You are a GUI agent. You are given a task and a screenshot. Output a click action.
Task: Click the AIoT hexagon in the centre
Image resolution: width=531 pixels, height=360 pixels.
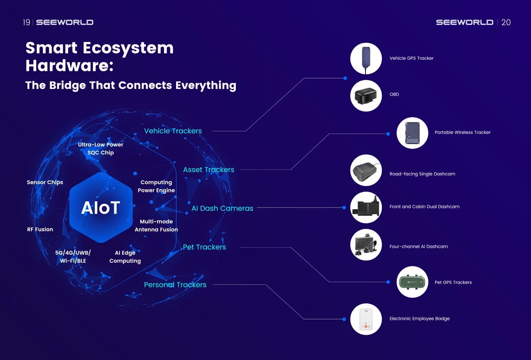click(x=101, y=207)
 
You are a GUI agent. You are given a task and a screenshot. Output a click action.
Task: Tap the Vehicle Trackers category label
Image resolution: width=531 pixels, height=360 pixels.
click(x=173, y=131)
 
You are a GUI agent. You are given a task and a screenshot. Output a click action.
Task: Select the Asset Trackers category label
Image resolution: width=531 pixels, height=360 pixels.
click(x=208, y=169)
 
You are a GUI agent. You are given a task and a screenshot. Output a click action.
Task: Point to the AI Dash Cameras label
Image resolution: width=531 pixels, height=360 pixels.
click(x=222, y=208)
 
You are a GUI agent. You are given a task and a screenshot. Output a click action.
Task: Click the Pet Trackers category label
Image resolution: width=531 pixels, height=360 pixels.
click(x=204, y=247)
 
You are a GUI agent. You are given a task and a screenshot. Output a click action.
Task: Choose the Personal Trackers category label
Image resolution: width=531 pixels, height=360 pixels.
click(x=175, y=285)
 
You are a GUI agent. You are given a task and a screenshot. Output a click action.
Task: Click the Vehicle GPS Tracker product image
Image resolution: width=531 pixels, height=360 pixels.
click(x=366, y=58)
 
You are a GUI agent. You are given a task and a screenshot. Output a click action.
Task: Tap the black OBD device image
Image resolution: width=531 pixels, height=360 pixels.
click(x=366, y=95)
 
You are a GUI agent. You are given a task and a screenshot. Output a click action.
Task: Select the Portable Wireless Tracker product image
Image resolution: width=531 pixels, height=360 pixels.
click(x=412, y=133)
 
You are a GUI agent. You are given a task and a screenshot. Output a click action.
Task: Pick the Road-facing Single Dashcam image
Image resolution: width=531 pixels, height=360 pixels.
click(x=366, y=170)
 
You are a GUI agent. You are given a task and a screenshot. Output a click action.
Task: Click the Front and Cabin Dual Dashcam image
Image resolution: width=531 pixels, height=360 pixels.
click(x=366, y=207)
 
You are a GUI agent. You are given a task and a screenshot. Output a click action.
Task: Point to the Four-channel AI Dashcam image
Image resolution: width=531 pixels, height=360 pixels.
click(x=366, y=245)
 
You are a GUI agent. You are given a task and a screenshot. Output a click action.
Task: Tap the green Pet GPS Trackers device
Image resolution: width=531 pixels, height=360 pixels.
click(x=412, y=282)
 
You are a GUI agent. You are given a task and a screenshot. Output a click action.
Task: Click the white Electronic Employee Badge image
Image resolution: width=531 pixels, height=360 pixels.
click(x=366, y=319)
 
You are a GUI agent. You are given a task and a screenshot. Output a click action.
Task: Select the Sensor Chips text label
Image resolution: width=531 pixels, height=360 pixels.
click(x=45, y=182)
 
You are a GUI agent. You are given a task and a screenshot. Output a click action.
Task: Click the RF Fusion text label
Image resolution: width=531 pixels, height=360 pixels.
click(x=40, y=230)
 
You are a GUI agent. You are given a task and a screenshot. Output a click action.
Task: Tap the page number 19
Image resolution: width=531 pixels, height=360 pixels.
click(x=27, y=22)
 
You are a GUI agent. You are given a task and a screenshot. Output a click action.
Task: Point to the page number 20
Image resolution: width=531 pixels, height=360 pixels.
click(x=506, y=22)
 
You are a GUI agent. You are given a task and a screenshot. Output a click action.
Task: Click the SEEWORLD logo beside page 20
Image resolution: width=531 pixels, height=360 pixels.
click(x=464, y=22)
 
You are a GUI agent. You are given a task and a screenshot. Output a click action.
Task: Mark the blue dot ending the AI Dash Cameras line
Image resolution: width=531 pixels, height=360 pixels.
click(x=345, y=207)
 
